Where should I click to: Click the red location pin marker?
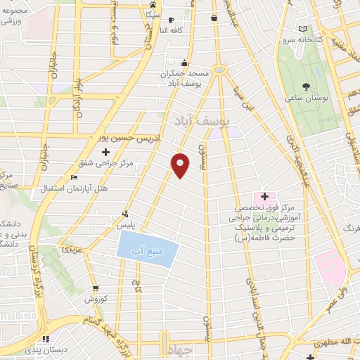click(181, 165)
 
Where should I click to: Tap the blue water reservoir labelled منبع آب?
click(148, 248)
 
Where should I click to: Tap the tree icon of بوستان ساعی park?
click(307, 86)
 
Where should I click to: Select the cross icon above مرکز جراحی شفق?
click(106, 152)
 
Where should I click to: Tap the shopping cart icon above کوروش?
click(95, 288)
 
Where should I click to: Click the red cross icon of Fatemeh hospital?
click(264, 196)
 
